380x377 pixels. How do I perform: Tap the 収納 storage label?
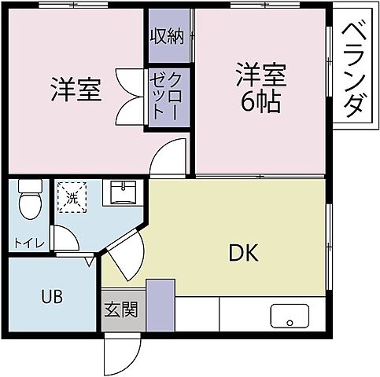click(169, 37)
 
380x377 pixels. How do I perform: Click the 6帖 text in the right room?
click(259, 103)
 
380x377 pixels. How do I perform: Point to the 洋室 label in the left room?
click(76, 90)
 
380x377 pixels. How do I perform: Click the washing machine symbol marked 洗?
click(71, 196)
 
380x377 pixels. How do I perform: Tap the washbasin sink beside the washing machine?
click(123, 193)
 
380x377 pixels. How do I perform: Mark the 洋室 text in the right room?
click(259, 77)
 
